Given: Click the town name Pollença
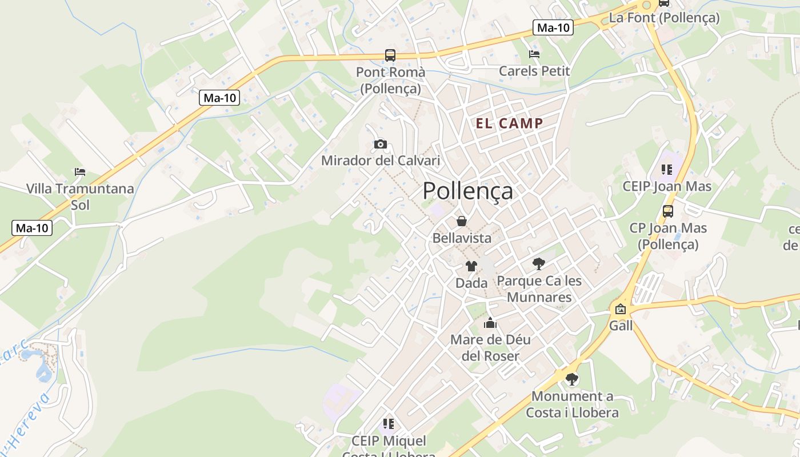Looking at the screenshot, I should click(467, 191).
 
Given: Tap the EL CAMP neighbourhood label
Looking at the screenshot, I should click(509, 123).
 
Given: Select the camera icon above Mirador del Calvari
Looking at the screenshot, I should click(380, 144).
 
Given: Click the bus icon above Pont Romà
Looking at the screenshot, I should click(390, 55).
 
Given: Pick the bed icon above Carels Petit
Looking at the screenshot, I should click(534, 54).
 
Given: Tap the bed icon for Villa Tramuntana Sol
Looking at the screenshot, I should click(80, 171).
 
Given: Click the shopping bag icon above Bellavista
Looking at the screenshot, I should click(462, 221).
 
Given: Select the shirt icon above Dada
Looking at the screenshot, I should click(471, 266).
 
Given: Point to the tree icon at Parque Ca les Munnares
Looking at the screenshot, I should click(538, 263).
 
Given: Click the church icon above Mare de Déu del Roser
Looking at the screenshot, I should click(490, 323).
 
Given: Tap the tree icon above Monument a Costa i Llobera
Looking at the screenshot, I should click(571, 379).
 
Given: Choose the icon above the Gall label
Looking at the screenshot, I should click(621, 309).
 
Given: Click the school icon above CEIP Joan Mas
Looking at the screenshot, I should click(667, 169).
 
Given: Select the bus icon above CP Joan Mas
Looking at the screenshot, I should click(668, 211).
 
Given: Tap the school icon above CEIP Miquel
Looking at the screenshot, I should click(389, 424).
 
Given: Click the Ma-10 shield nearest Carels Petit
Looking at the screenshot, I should click(553, 27).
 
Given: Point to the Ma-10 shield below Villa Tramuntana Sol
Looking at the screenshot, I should click(32, 228).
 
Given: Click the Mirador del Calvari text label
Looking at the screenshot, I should click(381, 161).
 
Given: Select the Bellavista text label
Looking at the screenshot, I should click(462, 238).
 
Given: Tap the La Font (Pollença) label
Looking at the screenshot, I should click(664, 18).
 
